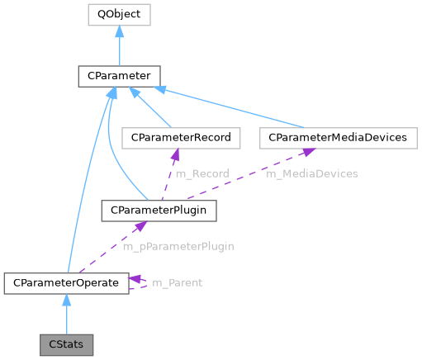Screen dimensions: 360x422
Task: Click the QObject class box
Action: pyautogui.click(x=120, y=15)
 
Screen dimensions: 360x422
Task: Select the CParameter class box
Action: pyautogui.click(x=120, y=76)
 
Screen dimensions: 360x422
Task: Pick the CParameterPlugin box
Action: pyautogui.click(x=159, y=211)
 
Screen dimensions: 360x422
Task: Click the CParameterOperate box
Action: pyautogui.click(x=66, y=283)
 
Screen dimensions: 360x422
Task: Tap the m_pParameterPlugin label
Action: pyautogui.click(x=178, y=246)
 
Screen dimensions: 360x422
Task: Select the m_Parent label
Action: pyautogui.click(x=177, y=283)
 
